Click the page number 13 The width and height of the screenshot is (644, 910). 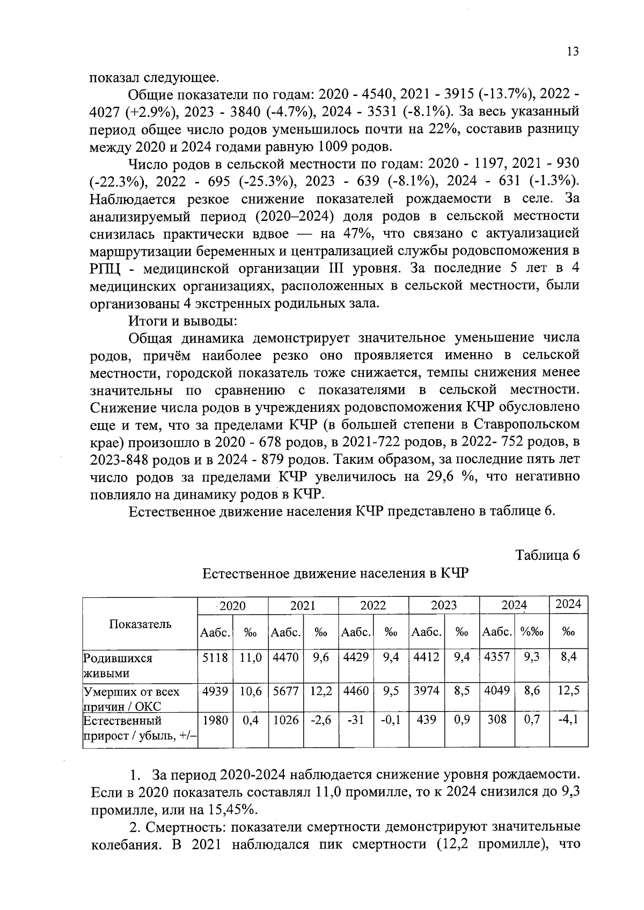[x=573, y=51]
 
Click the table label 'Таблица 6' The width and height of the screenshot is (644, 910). [x=547, y=555]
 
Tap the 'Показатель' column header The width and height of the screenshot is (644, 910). [x=140, y=624]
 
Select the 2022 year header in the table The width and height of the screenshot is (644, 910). [x=373, y=605]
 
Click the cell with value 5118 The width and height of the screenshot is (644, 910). [x=215, y=657]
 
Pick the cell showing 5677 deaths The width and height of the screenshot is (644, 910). [x=286, y=692]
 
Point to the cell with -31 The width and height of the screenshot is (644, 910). [x=356, y=720]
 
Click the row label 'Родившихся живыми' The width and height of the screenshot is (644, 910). [x=118, y=665]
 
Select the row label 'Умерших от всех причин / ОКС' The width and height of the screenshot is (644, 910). [x=131, y=699]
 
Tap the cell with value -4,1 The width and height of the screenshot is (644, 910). [x=568, y=720]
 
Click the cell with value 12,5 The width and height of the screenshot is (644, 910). [x=568, y=692]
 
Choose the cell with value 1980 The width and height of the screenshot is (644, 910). [x=215, y=720]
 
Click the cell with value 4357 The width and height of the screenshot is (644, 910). [x=497, y=657]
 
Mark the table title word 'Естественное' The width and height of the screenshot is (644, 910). [x=246, y=574]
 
